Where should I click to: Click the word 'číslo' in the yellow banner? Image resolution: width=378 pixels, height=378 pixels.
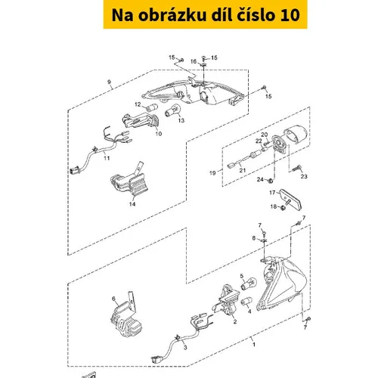coord(256,15)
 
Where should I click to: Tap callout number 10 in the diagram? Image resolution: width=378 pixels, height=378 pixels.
coord(159,134)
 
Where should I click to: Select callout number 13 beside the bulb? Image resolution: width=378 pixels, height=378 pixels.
coord(181,120)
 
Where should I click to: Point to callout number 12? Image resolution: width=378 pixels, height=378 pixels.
coord(138,104)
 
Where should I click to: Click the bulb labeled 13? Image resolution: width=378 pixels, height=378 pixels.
coord(172,110)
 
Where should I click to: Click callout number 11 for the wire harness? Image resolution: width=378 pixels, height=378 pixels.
coord(107,158)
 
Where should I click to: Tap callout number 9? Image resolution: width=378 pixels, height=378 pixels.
coord(109,82)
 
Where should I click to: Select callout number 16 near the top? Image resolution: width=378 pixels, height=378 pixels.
coord(194,61)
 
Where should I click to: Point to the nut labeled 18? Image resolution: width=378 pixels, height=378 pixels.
coord(283,208)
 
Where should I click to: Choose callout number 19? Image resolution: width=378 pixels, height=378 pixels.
coord(212,173)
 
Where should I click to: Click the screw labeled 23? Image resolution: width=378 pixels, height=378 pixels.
coord(297,169)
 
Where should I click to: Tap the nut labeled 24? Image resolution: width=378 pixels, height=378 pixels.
coord(270,181)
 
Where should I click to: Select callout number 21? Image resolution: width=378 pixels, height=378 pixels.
coord(243,170)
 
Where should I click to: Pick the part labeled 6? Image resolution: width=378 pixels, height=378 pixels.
coord(126,315)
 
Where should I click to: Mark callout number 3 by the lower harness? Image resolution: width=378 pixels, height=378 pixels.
coord(185,348)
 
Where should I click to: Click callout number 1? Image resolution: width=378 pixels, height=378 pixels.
coord(254,344)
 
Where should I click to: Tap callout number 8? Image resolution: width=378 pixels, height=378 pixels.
coord(254,238)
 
